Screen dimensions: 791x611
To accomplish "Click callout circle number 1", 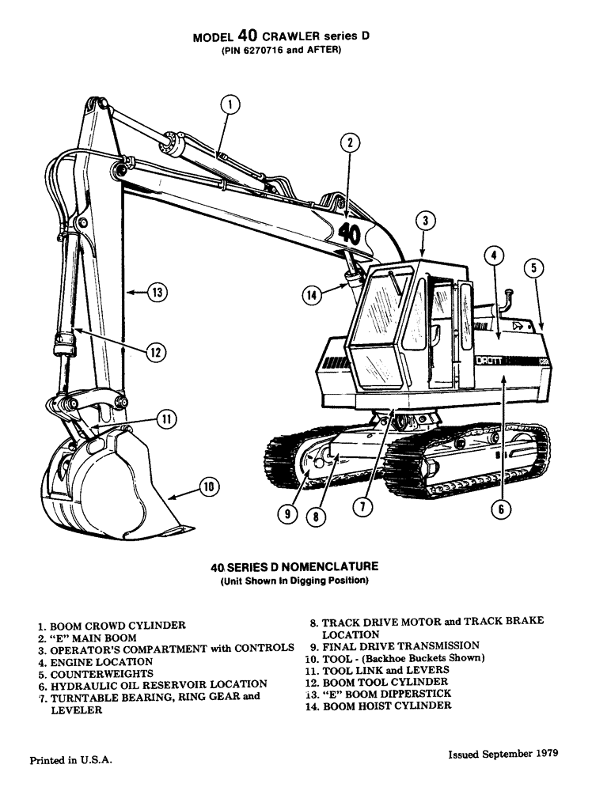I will (x=229, y=104).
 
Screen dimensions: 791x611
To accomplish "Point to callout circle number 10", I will (x=207, y=487).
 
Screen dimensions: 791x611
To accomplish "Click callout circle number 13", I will (x=157, y=293).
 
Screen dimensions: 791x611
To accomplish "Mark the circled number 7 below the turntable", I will (x=362, y=507).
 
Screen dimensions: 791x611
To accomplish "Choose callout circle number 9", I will (x=287, y=514).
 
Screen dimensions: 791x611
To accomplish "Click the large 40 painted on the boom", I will (x=349, y=233).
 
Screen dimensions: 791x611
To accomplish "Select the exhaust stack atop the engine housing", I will (x=506, y=301).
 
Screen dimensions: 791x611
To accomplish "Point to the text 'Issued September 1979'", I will (x=503, y=754).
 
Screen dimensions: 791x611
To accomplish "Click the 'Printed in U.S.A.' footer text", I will (x=70, y=760).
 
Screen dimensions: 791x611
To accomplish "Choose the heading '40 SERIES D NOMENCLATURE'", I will (x=294, y=567).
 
